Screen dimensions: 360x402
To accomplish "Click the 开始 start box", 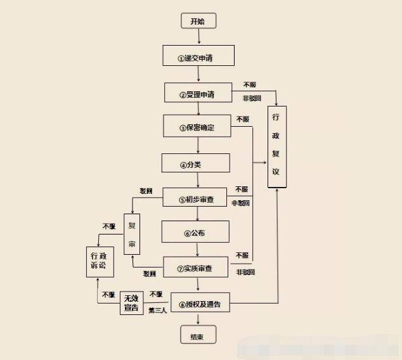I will [x=198, y=22].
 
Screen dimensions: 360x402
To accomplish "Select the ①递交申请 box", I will [x=198, y=56].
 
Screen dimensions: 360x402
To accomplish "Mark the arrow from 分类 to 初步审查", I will [x=198, y=180].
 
